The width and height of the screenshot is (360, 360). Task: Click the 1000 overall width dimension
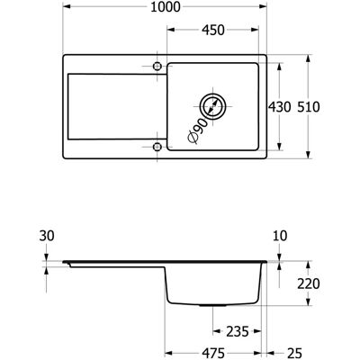point(165,7)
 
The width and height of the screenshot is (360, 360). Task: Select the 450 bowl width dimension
point(213,30)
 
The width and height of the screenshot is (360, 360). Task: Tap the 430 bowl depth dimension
point(279,107)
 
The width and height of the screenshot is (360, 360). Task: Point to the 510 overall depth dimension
point(309,107)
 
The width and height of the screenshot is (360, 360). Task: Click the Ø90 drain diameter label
point(198,130)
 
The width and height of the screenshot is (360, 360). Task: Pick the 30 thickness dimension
point(47,236)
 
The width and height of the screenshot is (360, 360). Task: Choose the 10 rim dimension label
point(280,236)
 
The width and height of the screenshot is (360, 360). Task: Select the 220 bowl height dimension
point(309,283)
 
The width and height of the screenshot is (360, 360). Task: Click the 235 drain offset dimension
point(238,331)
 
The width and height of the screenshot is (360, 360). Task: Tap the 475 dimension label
point(213,353)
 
